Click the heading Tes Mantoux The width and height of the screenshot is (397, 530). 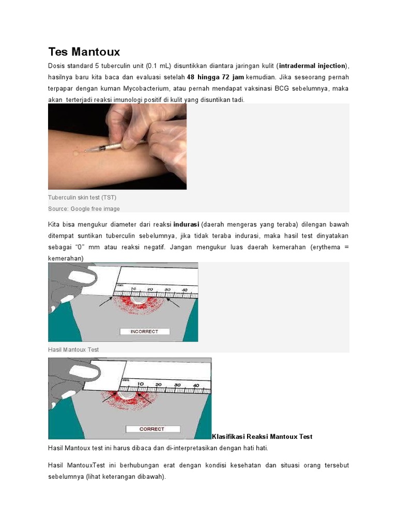(84, 52)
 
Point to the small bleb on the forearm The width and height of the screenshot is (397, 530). (77, 153)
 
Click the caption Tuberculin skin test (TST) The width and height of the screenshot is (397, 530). (86, 198)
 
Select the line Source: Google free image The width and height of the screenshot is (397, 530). (84, 209)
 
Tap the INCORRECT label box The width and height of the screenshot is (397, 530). (144, 331)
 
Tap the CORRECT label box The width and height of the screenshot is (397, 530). (152, 429)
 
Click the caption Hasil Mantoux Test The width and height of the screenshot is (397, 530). (73, 349)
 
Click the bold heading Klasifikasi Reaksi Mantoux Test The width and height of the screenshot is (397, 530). (262, 436)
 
